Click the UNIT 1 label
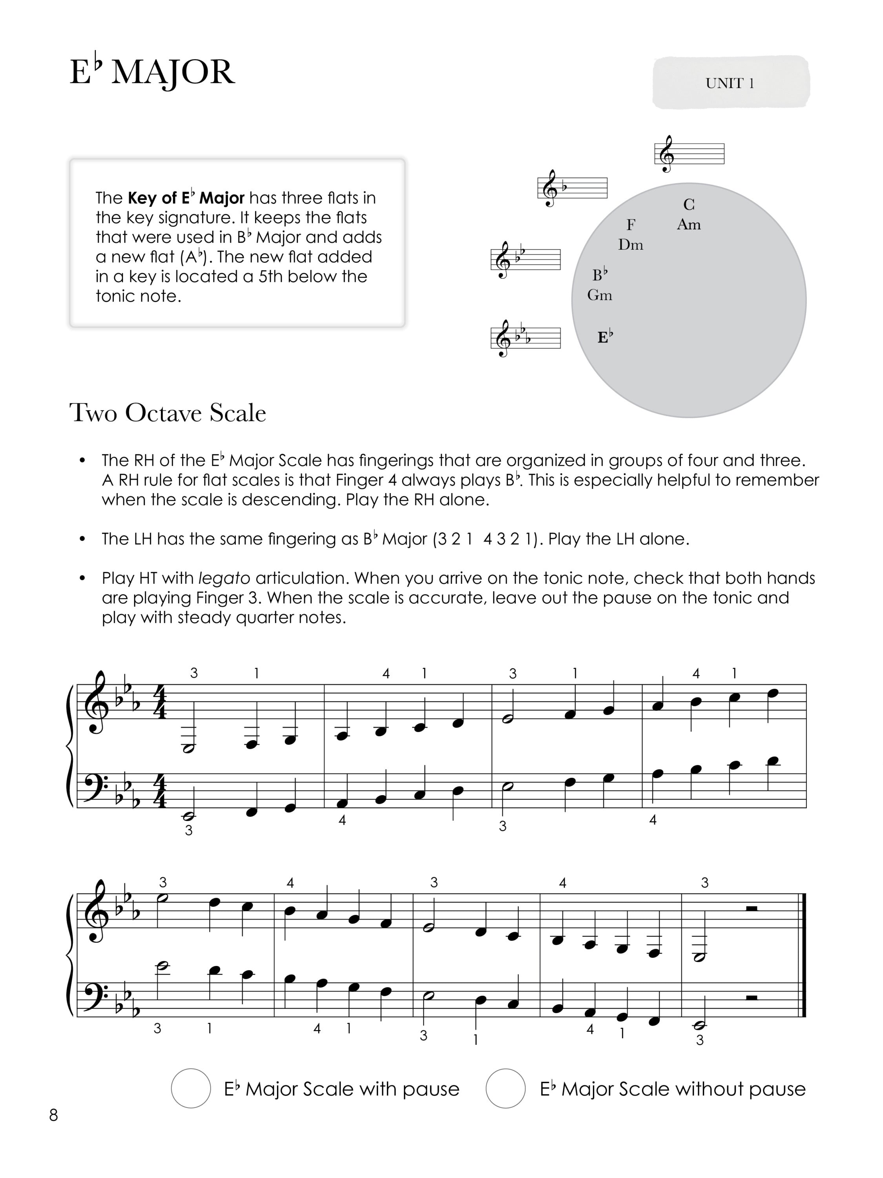[x=730, y=83]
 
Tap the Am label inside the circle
[x=689, y=225]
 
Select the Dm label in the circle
[x=631, y=245]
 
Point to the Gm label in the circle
[x=600, y=295]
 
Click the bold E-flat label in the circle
[x=605, y=337]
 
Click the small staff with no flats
[x=689, y=154]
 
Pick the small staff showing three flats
[x=525, y=338]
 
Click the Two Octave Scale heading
[x=168, y=413]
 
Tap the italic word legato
[x=224, y=578]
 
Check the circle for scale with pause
[x=191, y=1088]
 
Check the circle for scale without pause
[x=505, y=1088]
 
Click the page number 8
[x=53, y=1115]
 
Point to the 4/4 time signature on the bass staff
[x=159, y=789]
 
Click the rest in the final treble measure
[x=752, y=909]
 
